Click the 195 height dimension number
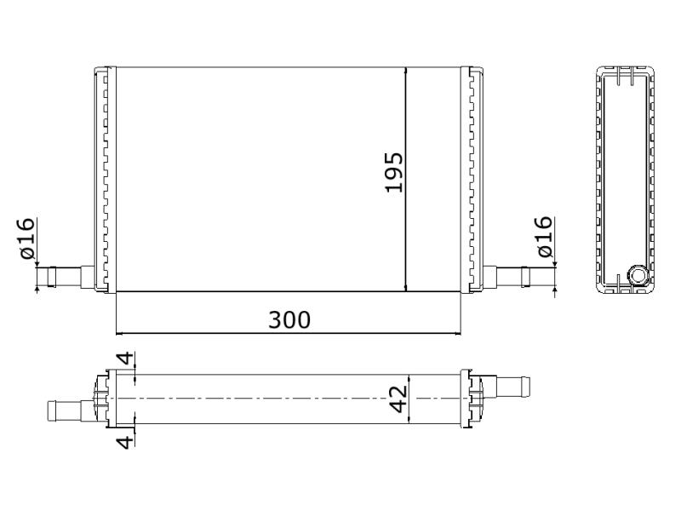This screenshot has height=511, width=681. point(394,172)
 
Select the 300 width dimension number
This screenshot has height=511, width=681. point(289,320)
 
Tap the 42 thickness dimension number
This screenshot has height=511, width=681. point(398,399)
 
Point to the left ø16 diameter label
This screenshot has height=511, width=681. point(27,238)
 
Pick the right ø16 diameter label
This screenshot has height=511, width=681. point(545,237)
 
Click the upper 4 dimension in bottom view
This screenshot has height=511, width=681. point(126,359)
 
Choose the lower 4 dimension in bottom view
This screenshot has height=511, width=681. point(126,442)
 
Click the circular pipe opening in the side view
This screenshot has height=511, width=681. point(638,275)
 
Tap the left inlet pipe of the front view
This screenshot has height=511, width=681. point(66,277)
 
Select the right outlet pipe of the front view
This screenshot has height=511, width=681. point(512,276)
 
